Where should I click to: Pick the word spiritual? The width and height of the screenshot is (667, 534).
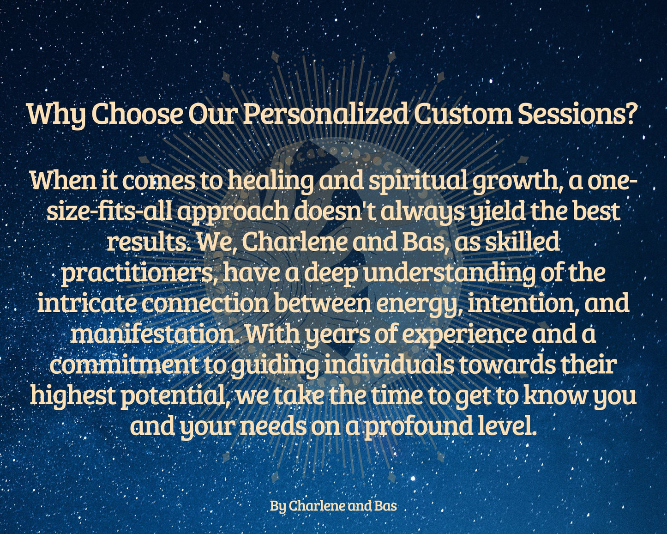[x=418, y=182]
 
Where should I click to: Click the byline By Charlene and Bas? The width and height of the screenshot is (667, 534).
[x=333, y=506]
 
